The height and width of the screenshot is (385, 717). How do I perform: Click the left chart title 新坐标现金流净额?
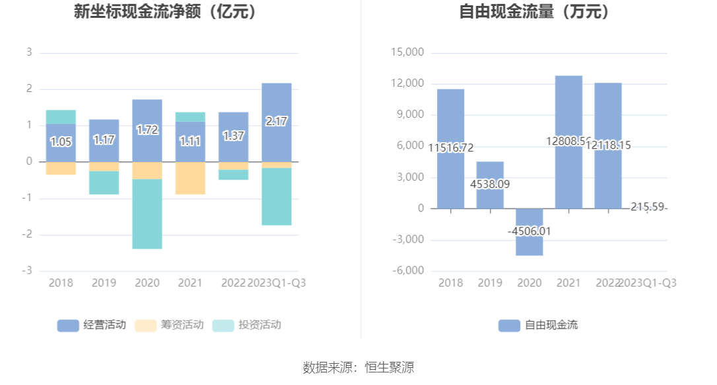(165, 11)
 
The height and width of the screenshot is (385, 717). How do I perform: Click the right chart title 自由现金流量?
(534, 11)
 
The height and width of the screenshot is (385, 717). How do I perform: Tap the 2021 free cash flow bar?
(568, 112)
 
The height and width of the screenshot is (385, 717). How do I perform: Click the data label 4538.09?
(490, 185)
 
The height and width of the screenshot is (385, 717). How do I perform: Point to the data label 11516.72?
(451, 148)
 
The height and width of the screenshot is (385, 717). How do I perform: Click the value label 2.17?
(277, 122)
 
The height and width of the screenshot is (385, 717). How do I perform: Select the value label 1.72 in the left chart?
(147, 130)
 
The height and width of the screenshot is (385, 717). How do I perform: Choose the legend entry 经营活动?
(92, 325)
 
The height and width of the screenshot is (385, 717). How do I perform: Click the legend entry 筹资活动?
(169, 325)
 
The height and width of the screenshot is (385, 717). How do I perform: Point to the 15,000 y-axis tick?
(407, 53)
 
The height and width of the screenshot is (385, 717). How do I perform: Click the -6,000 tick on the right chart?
(407, 271)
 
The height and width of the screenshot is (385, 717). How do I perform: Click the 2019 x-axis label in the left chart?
(104, 283)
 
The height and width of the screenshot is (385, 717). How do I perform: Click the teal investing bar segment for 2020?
(147, 214)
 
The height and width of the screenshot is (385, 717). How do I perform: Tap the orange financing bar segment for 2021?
(190, 178)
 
